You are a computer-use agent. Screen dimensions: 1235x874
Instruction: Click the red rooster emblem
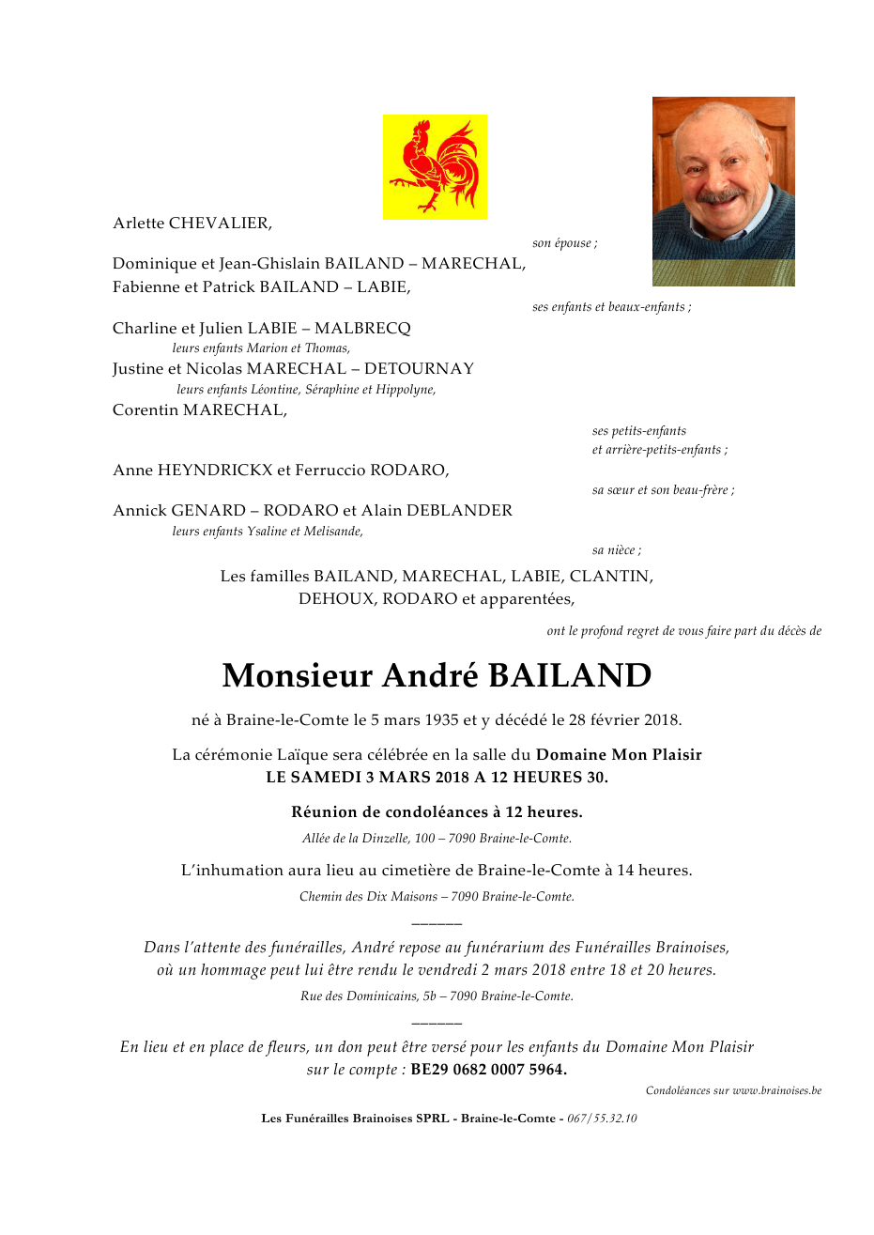[x=435, y=167]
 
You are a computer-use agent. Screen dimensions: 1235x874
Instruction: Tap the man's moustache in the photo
[x=721, y=197]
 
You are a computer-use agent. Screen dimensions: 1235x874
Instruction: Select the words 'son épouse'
[x=563, y=243]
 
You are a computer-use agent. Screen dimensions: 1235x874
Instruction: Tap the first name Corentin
[x=146, y=410]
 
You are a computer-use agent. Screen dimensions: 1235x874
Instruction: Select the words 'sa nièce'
[x=615, y=550]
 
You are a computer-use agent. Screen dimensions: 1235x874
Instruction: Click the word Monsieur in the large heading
[x=298, y=676]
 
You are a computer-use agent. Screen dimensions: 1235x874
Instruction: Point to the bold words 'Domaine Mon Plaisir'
[x=619, y=755]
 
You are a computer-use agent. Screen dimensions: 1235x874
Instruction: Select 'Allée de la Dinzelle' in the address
[x=356, y=839]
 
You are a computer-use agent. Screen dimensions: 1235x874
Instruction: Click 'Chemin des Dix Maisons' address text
[x=368, y=897]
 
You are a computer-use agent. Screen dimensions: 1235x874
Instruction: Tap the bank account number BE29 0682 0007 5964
[x=488, y=1070]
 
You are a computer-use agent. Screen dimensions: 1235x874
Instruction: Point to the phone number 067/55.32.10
[x=602, y=1119]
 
